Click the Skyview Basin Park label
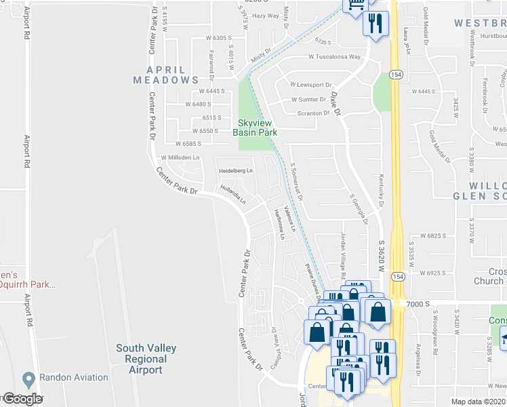[256, 128]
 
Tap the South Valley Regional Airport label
[146, 359]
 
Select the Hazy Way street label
[266, 16]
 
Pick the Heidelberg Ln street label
[235, 170]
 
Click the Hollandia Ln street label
[232, 194]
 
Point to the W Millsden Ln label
[179, 157]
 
